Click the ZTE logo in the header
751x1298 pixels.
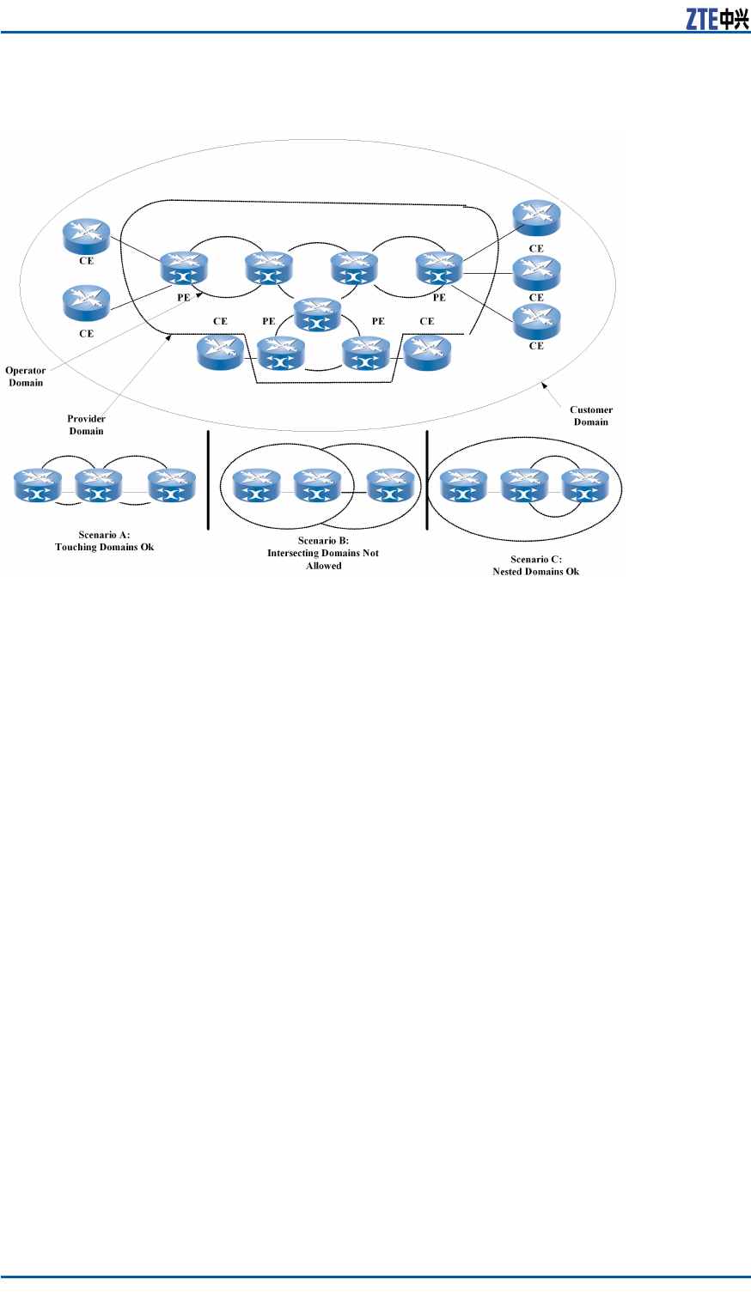[x=717, y=19]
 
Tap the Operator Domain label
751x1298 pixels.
[x=26, y=377]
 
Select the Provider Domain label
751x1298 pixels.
[x=86, y=425]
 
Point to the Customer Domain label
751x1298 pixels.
[x=591, y=415]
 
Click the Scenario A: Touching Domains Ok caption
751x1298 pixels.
[x=104, y=541]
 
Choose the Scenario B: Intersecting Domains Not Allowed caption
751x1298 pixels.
[x=323, y=553]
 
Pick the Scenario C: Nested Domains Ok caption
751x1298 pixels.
[x=535, y=565]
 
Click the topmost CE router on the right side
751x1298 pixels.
[x=536, y=218]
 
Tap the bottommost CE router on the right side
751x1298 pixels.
[x=536, y=322]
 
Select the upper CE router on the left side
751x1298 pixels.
[x=87, y=236]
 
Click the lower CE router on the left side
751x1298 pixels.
[x=87, y=303]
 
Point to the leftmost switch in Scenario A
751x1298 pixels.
[x=38, y=486]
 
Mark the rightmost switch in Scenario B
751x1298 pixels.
[x=391, y=486]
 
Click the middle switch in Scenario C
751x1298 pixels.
[x=524, y=486]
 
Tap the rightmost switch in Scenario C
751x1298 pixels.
[x=585, y=486]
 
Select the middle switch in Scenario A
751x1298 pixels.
[x=99, y=486]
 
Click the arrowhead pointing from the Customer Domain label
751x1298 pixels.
[x=544, y=387]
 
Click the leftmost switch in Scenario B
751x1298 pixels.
[x=257, y=486]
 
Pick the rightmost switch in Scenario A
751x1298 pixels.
[x=172, y=486]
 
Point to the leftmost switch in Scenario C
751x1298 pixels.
[x=464, y=486]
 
